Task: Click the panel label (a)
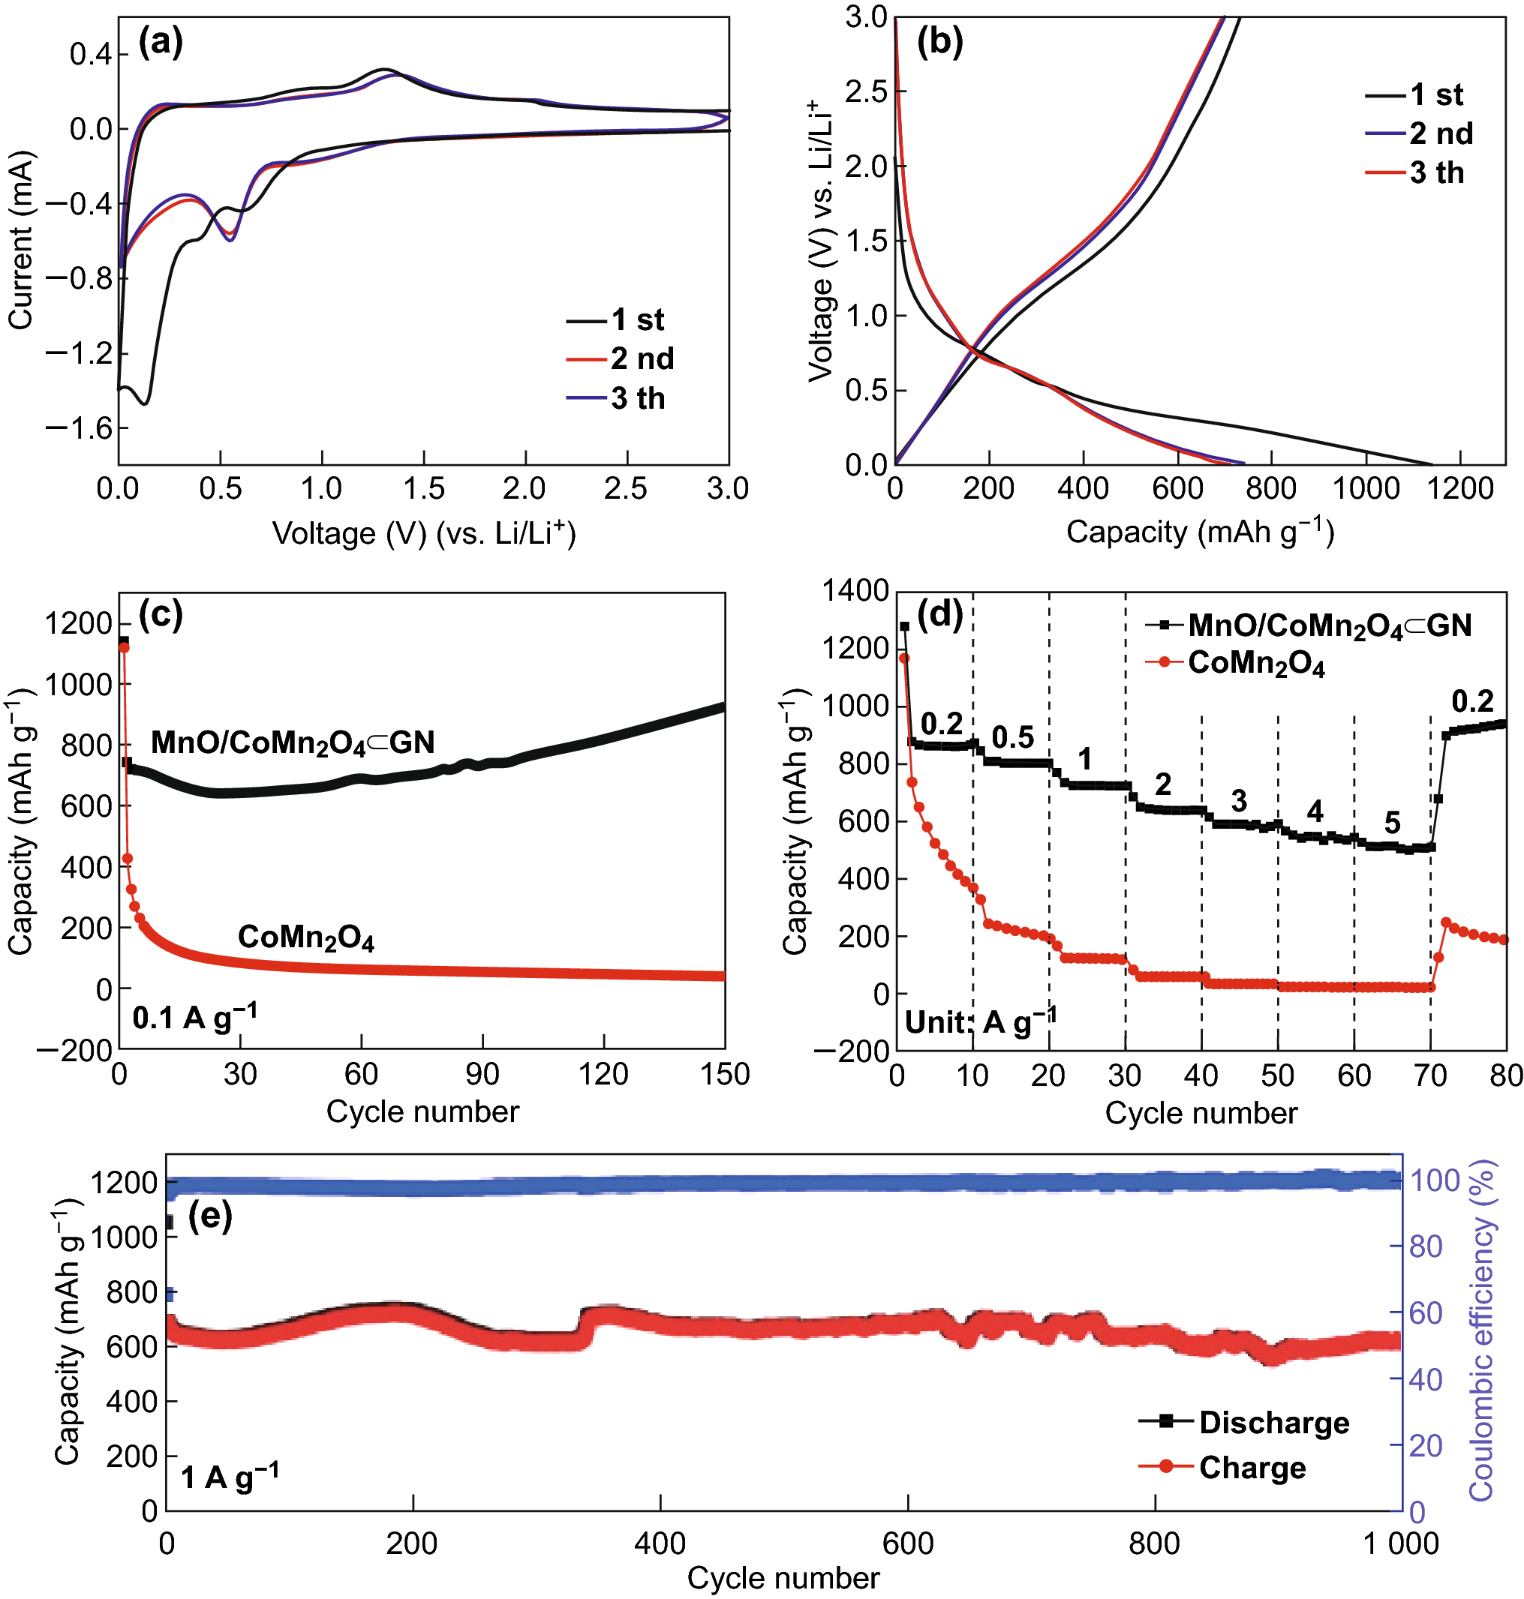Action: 160,41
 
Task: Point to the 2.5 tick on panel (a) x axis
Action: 626,489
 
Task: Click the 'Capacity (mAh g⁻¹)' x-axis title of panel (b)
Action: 1200,532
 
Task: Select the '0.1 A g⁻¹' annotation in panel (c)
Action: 195,1017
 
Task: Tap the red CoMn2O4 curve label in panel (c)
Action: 305,937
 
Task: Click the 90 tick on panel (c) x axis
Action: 482,1075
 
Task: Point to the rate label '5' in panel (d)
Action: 1392,823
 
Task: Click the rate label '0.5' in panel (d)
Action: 1012,737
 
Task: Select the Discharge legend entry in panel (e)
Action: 1273,1422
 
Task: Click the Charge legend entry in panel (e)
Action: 1252,1467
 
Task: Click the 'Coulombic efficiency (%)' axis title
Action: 1482,1330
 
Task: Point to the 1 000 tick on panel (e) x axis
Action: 1400,1542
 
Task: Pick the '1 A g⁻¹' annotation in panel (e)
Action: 229,1476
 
